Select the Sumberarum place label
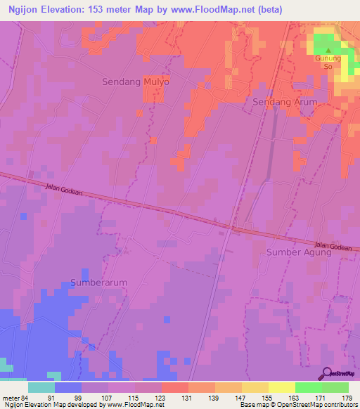tap(99, 283)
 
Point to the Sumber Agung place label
tap(298, 252)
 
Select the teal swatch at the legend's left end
tap(41, 387)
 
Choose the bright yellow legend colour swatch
tap(281, 387)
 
